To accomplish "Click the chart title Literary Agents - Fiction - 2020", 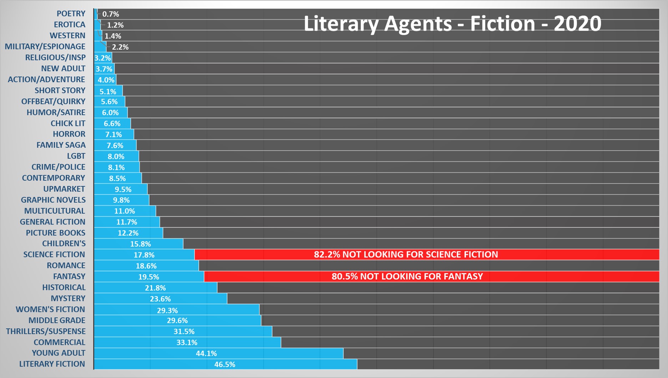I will pos(452,24).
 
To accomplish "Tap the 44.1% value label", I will pos(206,353).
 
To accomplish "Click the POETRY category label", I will pos(71,14).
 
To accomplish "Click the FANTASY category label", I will pos(69,276).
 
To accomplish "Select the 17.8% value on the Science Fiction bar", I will pos(144,255).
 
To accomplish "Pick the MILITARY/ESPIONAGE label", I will pos(45,46).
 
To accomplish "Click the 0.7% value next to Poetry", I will pos(111,14).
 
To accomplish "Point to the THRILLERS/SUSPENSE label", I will pos(46,331).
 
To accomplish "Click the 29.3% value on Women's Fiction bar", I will pos(167,310).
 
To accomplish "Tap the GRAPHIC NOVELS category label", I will pos(53,200).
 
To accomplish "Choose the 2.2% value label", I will pos(120,47).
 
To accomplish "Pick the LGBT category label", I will pos(76,156).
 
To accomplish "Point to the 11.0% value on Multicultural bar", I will pos(125,211).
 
